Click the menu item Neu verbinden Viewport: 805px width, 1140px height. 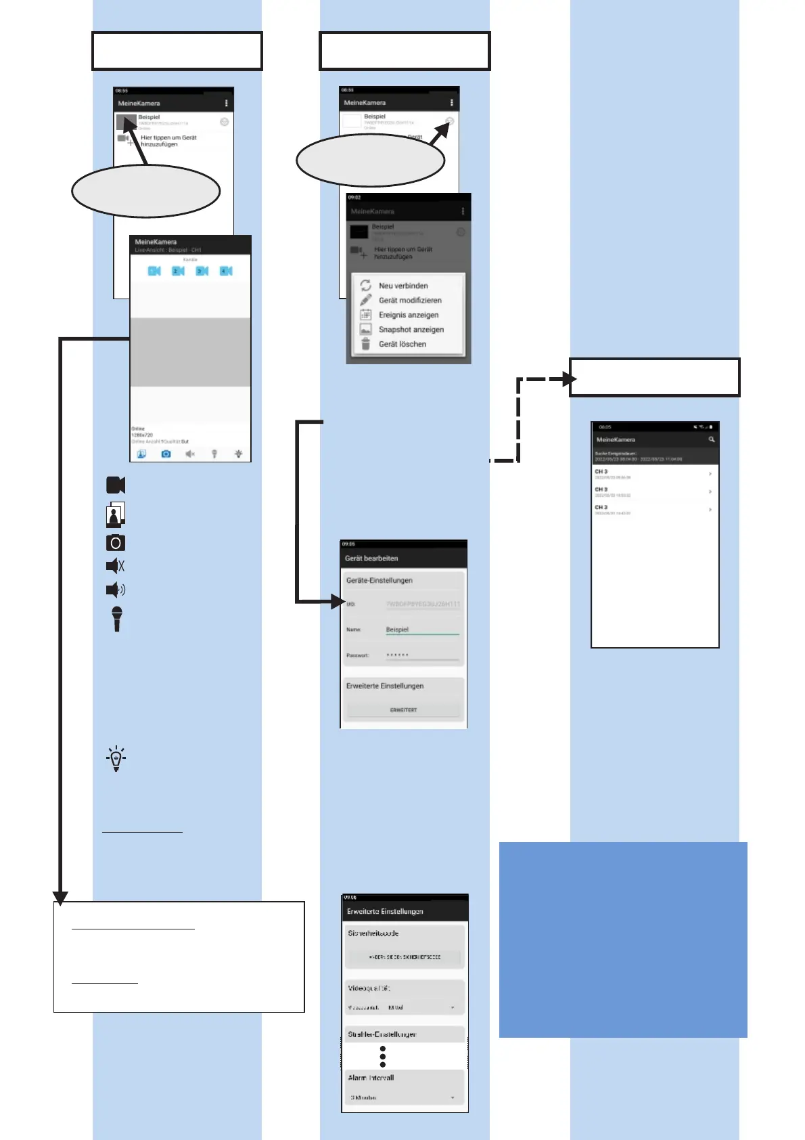click(402, 286)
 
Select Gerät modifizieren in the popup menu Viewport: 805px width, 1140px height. click(409, 301)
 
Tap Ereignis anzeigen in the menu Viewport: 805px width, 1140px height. click(408, 315)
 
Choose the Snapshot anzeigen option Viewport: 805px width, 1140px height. click(411, 330)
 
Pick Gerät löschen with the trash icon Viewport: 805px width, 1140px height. click(402, 344)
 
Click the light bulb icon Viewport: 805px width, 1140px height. click(116, 758)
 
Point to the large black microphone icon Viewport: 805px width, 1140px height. click(117, 618)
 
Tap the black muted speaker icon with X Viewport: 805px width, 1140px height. click(116, 565)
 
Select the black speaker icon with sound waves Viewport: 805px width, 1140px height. click(116, 590)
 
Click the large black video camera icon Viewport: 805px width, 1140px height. click(116, 485)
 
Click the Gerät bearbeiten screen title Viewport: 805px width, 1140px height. click(371, 558)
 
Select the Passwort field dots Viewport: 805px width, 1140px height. click(398, 655)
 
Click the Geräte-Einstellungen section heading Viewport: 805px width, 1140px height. click(379, 580)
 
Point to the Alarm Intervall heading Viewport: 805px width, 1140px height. click(371, 1077)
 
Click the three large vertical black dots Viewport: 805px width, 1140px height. click(383, 1057)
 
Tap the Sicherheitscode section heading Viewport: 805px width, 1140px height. click(373, 933)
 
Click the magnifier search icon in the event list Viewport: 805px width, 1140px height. click(711, 439)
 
